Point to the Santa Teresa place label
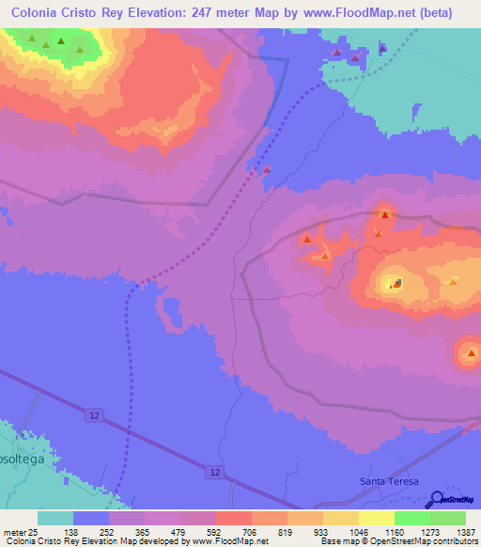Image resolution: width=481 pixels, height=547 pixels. point(387,481)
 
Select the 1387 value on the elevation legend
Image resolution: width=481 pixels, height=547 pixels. point(466,531)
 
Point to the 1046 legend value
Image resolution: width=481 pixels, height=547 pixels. point(358,531)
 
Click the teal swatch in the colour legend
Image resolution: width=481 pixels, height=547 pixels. point(55,518)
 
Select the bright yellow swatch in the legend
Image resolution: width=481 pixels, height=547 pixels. point(376,518)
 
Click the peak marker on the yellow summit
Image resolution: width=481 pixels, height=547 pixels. point(396,282)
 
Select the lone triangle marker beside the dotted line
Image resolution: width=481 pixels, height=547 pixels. point(267,170)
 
